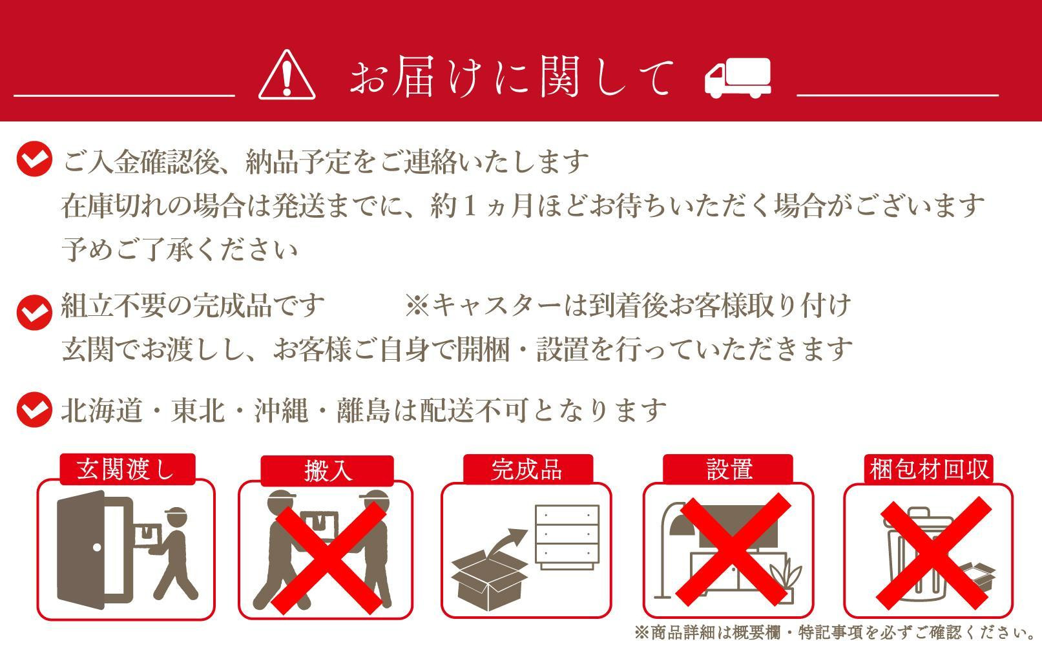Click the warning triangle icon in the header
pyautogui.click(x=287, y=76)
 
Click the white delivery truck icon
pyautogui.click(x=738, y=78)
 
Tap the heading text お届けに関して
pyautogui.click(x=511, y=76)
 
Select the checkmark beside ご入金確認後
pyautogui.click(x=34, y=159)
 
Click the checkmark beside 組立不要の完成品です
pyautogui.click(x=34, y=313)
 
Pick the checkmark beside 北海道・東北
pyautogui.click(x=34, y=410)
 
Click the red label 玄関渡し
pyautogui.click(x=127, y=469)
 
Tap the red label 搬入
pyautogui.click(x=328, y=470)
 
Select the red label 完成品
pyautogui.click(x=528, y=469)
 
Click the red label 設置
pyautogui.click(x=728, y=469)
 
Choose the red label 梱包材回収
pyautogui.click(x=928, y=469)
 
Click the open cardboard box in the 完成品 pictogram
pyautogui.click(x=490, y=580)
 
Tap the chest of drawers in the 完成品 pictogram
pyautogui.click(x=567, y=537)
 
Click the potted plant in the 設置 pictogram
pyautogui.click(x=786, y=582)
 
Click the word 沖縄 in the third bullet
pyautogui.click(x=280, y=411)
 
